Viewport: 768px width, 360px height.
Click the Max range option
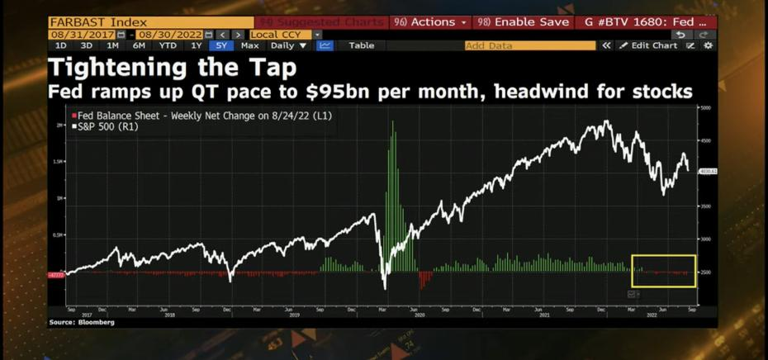tap(249, 45)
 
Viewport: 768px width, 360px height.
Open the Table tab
tap(361, 45)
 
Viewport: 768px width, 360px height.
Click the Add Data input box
tap(529, 45)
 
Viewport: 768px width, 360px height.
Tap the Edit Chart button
tap(653, 45)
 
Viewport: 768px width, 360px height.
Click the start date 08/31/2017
tap(82, 34)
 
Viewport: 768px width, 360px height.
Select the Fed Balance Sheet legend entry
tap(201, 116)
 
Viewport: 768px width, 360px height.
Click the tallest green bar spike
tap(391, 124)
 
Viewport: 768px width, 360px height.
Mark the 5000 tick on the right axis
tap(704, 108)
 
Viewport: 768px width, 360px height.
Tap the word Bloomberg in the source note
tap(97, 322)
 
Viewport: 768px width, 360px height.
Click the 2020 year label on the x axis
tap(419, 315)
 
